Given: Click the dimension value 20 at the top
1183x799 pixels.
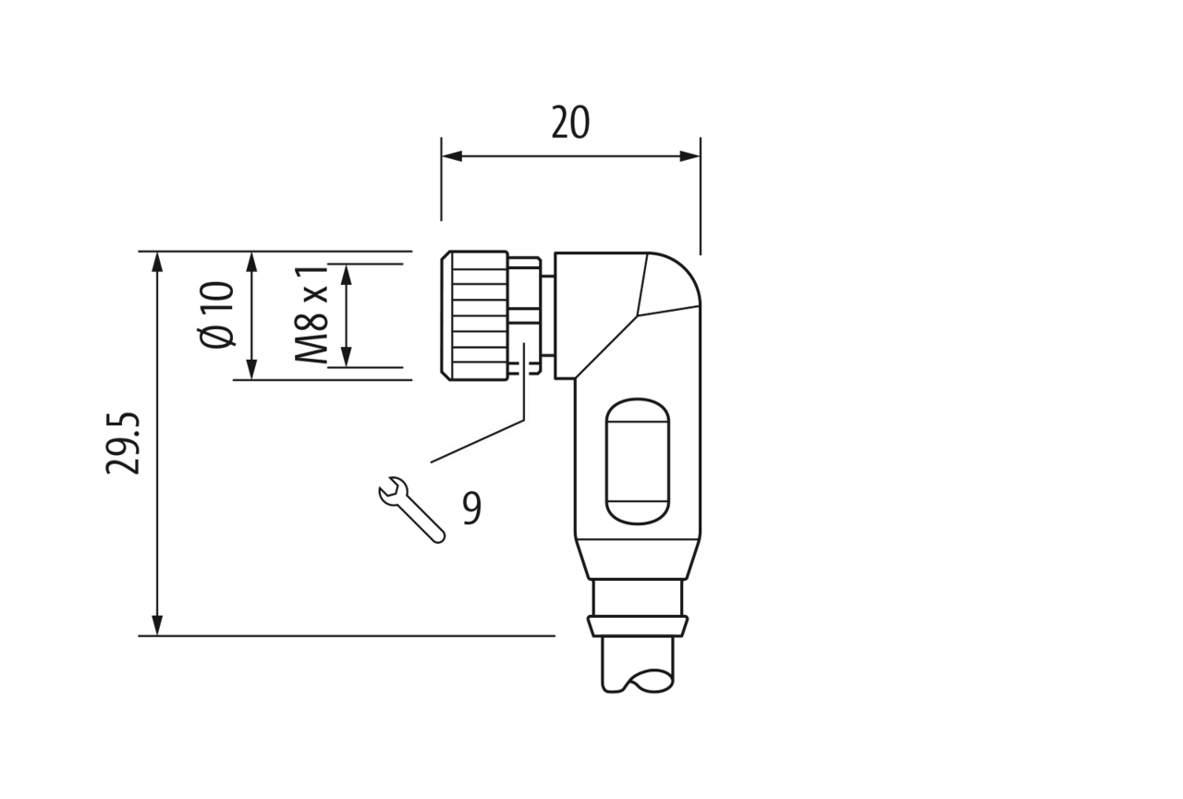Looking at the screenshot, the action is [x=570, y=123].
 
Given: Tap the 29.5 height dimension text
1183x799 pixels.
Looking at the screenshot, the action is [x=123, y=443].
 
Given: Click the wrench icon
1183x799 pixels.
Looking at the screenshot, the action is [x=411, y=510].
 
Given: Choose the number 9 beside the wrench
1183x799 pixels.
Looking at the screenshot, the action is [x=471, y=508].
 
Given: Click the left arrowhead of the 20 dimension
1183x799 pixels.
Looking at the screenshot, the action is [x=452, y=156].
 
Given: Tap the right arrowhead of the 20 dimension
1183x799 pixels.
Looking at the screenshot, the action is [x=689, y=156].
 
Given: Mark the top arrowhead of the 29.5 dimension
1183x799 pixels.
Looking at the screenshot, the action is [x=157, y=262].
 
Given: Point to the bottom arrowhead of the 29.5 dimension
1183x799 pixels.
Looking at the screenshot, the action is [x=157, y=625].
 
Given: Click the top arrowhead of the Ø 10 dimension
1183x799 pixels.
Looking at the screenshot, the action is [x=252, y=262].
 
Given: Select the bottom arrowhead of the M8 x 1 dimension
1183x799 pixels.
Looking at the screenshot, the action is [x=347, y=357].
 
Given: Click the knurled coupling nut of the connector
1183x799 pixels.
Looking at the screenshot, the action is [x=474, y=315].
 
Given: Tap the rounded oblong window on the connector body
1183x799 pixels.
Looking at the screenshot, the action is [x=638, y=461].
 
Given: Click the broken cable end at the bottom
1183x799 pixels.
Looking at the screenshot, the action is [x=638, y=665].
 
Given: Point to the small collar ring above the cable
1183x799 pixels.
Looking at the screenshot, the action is [x=638, y=626].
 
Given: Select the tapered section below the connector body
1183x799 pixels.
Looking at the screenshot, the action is [x=638, y=559].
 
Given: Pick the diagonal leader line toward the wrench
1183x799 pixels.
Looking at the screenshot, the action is [x=478, y=441].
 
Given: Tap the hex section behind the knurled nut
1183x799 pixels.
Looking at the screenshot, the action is [x=524, y=315].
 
